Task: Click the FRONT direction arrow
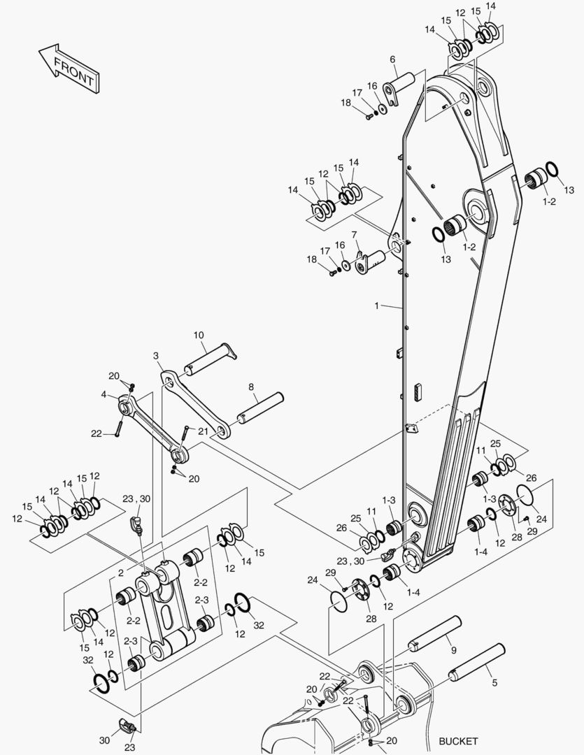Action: [x=68, y=69]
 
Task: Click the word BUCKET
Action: [x=458, y=741]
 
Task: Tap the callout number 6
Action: [x=392, y=59]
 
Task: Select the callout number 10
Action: [x=199, y=336]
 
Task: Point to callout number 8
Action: [x=251, y=386]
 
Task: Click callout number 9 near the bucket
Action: [x=453, y=650]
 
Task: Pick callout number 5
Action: [x=494, y=683]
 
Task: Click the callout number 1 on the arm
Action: [x=376, y=305]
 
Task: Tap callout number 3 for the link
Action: [x=155, y=356]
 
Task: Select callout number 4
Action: [x=104, y=394]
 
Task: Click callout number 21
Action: [x=203, y=431]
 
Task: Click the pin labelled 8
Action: [x=259, y=408]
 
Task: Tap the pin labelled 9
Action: [x=436, y=633]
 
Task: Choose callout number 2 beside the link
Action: [x=120, y=573]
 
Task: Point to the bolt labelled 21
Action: [x=184, y=438]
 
